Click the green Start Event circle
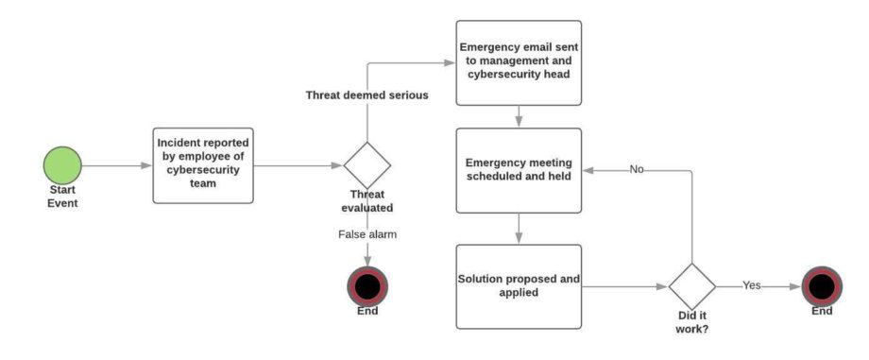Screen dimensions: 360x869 63,166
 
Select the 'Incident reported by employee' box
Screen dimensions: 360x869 204,166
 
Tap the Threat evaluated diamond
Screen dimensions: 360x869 366,166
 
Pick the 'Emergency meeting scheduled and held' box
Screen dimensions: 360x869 519,170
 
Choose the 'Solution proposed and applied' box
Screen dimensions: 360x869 519,286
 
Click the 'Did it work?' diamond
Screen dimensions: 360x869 693,286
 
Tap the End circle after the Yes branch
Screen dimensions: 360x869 821,285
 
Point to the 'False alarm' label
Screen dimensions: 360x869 366,233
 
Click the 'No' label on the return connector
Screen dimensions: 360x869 638,170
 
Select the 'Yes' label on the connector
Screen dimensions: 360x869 752,285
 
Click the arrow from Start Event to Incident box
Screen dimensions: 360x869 117,166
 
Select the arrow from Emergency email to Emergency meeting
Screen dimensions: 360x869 519,116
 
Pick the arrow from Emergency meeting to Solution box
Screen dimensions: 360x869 519,228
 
